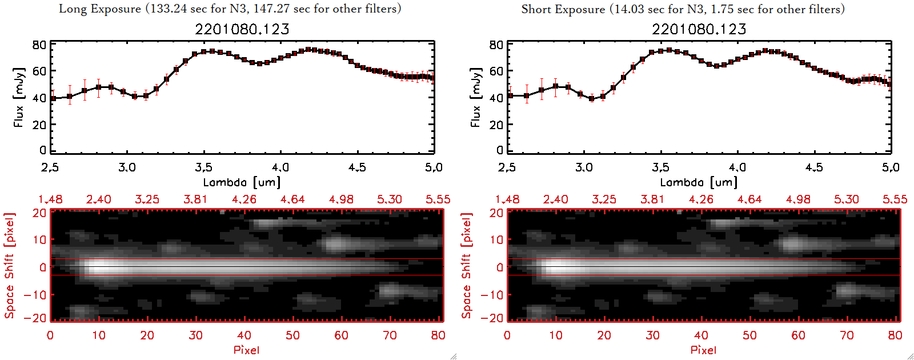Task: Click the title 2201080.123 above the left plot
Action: point(242,29)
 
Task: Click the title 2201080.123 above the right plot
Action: point(699,29)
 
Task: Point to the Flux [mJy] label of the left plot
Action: point(19,98)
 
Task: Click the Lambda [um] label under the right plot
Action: point(699,182)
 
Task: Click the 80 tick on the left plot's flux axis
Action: point(39,45)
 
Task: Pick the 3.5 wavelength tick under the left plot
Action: point(203,167)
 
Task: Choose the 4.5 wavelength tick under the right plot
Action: point(814,167)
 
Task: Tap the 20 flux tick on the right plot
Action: point(496,125)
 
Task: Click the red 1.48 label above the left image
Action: point(50,199)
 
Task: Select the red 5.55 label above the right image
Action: point(895,199)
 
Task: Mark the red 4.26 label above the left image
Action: point(244,199)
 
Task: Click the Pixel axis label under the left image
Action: point(246,350)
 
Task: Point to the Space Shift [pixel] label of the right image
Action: point(467,266)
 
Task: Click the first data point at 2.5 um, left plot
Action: point(53,98)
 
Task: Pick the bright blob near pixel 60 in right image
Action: point(793,244)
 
